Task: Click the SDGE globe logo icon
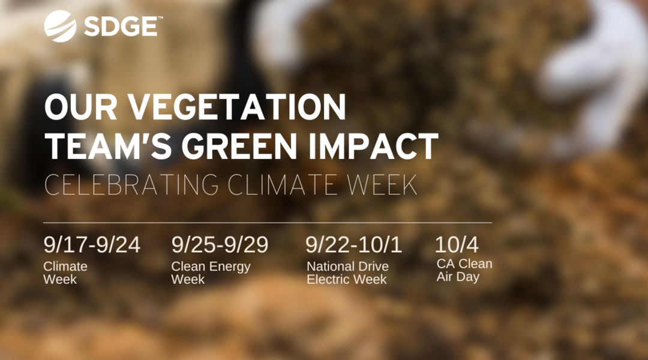tap(61, 26)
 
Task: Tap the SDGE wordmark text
tap(120, 27)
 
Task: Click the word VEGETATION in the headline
tap(236, 107)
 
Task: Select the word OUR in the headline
tap(80, 107)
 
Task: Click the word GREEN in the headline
tap(239, 146)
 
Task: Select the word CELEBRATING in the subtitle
tap(131, 185)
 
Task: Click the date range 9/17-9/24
tap(92, 245)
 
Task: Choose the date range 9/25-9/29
tap(220, 245)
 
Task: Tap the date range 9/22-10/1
tap(354, 245)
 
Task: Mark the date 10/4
tap(457, 245)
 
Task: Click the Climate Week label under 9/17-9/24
tap(65, 273)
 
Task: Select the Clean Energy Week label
tap(211, 273)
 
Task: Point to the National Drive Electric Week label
tap(347, 273)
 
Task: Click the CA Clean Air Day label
tap(464, 270)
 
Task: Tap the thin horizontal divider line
tap(268, 223)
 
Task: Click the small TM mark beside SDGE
tap(160, 18)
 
